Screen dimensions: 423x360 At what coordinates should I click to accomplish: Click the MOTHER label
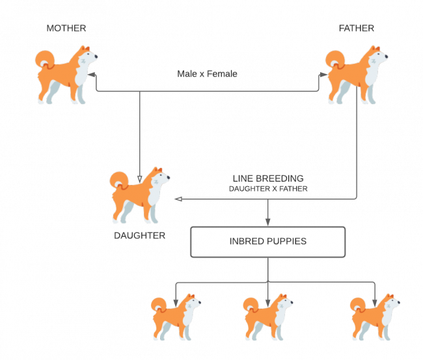(x=66, y=29)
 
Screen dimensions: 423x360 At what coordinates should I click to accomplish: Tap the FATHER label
(x=357, y=29)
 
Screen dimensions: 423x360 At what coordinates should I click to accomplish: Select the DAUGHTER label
(x=139, y=236)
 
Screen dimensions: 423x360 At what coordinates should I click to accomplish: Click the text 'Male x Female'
(x=207, y=74)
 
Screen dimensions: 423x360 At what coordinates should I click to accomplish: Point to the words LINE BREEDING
(x=268, y=178)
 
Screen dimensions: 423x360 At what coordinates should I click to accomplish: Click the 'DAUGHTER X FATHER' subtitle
(x=268, y=189)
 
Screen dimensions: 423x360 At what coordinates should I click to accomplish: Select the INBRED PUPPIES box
(x=268, y=242)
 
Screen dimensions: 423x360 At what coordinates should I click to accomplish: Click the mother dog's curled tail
(x=44, y=59)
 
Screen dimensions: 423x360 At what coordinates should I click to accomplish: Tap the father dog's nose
(x=387, y=57)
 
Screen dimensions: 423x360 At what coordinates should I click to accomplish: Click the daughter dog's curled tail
(x=118, y=180)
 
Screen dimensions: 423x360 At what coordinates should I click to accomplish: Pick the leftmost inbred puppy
(x=176, y=317)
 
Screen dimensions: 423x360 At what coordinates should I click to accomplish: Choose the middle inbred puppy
(x=268, y=317)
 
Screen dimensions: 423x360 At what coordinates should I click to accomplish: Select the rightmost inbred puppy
(x=375, y=317)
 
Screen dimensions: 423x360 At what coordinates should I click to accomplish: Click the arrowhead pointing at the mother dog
(x=92, y=74)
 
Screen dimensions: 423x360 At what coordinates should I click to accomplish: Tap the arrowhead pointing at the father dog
(x=323, y=74)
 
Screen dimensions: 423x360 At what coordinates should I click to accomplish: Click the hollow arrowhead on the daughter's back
(x=140, y=180)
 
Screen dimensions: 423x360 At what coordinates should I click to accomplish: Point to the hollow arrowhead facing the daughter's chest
(x=178, y=199)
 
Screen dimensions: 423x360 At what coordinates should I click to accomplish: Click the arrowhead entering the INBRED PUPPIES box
(x=268, y=222)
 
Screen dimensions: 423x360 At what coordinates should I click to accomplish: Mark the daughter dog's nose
(x=169, y=177)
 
